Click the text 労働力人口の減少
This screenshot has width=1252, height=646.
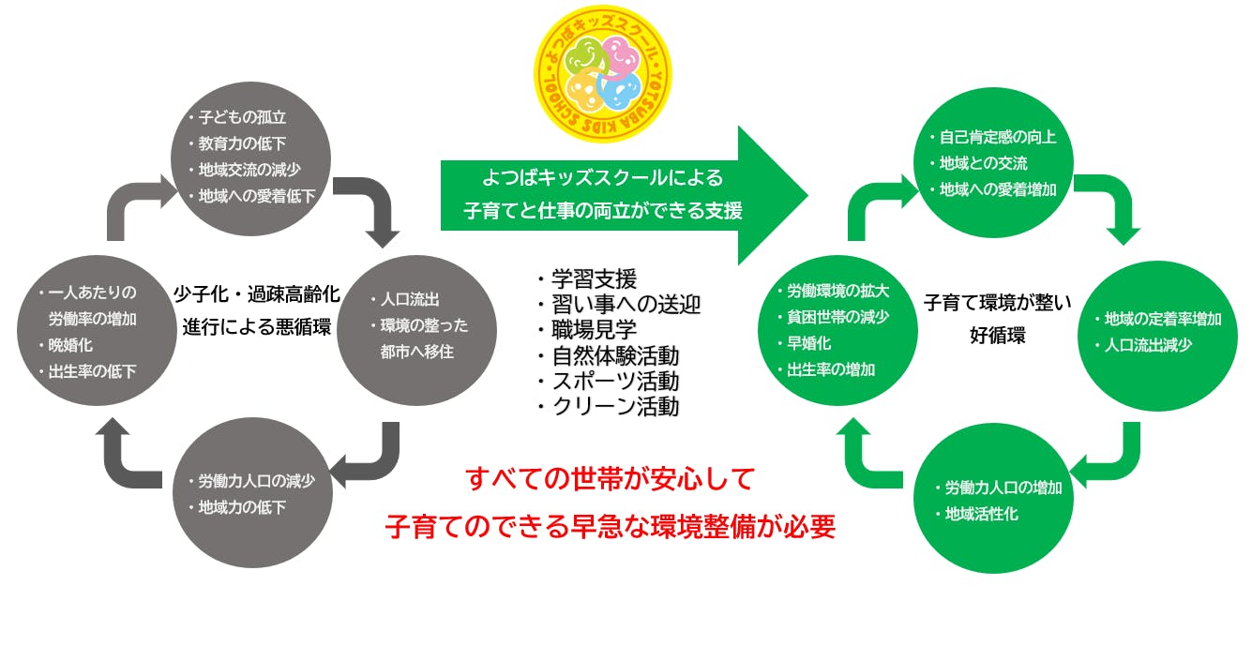256,481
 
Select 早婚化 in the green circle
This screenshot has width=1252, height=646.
809,343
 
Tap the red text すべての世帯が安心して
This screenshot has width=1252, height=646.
611,480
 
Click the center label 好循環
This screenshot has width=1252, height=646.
997,335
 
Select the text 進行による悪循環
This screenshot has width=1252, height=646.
256,327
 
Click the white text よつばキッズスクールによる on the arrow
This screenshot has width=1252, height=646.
603,176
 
